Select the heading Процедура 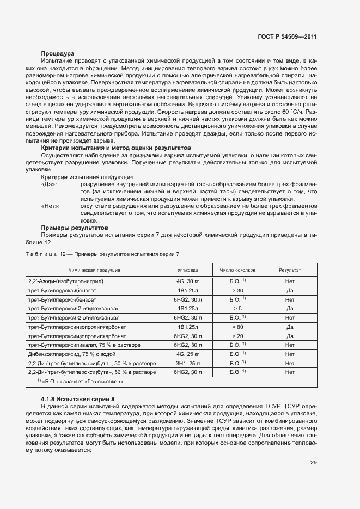point(58,53)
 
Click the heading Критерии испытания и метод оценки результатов point(116,148)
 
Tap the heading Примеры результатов point(75,227)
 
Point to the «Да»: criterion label point(50,185)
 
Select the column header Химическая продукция point(94,270)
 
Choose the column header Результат point(290,270)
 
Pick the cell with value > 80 point(237,327)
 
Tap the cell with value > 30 point(237,291)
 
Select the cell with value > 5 point(237,309)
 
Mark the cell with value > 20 point(237,336)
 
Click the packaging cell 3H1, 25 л point(188,363)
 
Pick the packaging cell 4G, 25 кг point(188,354)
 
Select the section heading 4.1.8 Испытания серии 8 point(78,399)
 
